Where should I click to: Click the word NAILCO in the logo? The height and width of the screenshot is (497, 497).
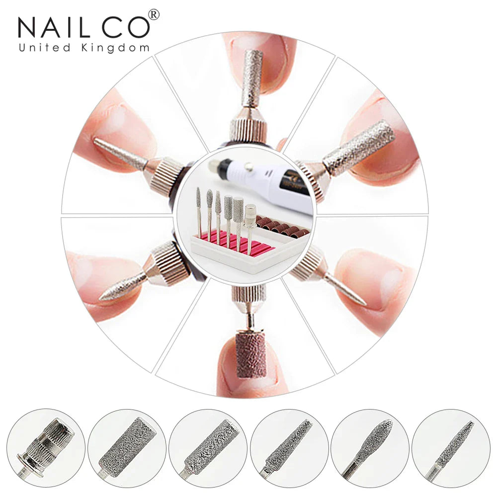click(83, 27)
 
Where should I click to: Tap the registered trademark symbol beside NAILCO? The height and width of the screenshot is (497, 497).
click(154, 14)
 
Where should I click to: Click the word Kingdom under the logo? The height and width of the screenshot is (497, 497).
click(115, 48)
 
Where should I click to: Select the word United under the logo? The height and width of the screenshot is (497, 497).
click(45, 48)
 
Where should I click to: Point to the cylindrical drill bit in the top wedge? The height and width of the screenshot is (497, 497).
click(252, 78)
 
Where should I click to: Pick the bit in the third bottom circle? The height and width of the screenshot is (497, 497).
click(208, 446)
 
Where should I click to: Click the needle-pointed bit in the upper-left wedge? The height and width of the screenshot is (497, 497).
click(120, 153)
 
